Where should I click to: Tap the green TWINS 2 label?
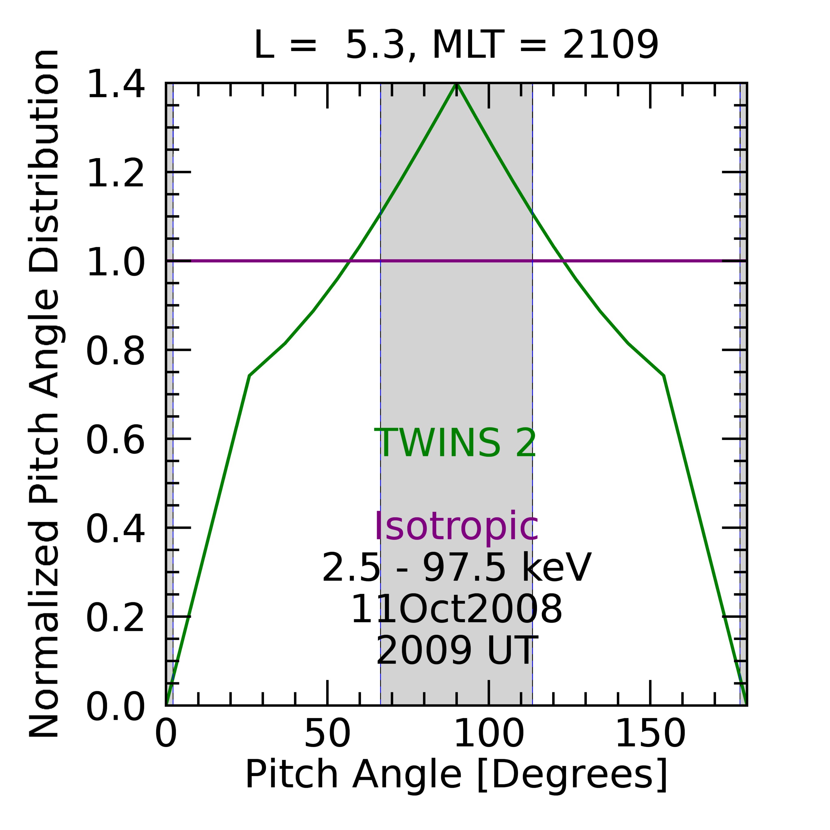pos(455,443)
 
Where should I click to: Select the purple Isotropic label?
pos(456,527)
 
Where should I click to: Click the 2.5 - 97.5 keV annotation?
pos(456,568)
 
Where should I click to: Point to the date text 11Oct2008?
pos(456,610)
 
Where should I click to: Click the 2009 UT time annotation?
pos(456,651)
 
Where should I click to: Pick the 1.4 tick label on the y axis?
pos(115,85)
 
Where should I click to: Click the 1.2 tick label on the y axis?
pos(115,174)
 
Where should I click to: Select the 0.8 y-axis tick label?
pos(115,351)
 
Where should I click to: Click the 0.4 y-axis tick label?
pos(115,529)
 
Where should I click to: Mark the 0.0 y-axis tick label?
pos(115,707)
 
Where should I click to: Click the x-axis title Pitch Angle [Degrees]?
pos(456,775)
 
